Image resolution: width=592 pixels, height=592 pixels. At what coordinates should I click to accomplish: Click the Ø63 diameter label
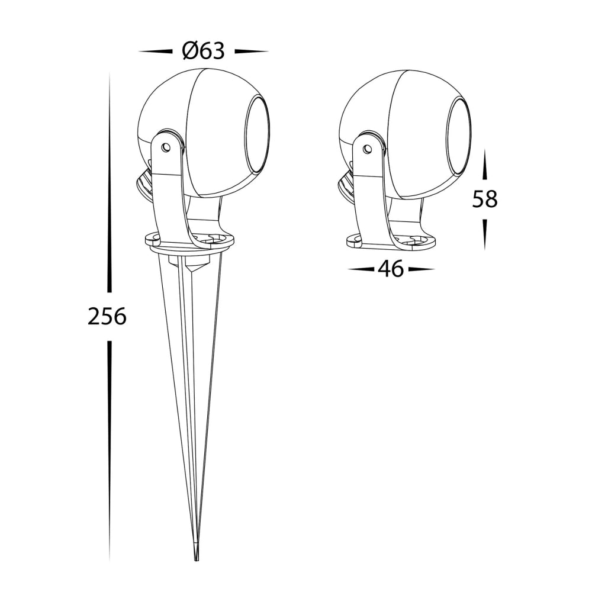203,51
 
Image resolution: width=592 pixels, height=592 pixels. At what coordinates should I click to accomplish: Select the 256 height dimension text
107,316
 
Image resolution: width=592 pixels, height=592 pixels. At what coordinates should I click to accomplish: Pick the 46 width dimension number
391,269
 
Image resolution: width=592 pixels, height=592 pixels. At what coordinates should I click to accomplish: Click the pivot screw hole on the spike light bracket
165,146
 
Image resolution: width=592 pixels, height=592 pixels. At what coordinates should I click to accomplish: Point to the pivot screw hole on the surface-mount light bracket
366,149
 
